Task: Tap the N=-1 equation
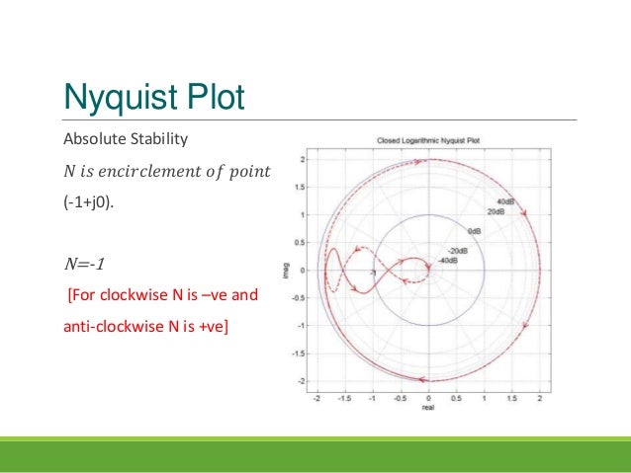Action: click(83, 264)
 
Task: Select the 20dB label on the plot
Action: click(497, 211)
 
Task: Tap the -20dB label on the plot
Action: click(457, 251)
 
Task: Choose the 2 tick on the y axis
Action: click(303, 159)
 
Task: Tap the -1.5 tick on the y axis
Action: click(300, 353)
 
